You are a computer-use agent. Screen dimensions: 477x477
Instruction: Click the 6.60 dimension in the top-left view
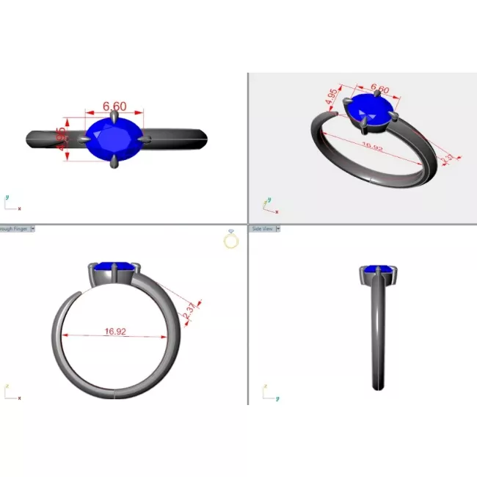[114, 106]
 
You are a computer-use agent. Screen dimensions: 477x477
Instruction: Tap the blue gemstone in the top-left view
[112, 139]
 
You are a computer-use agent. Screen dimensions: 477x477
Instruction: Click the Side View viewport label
[263, 229]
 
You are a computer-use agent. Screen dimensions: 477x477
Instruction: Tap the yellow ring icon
[231, 240]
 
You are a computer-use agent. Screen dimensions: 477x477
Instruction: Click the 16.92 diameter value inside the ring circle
[115, 332]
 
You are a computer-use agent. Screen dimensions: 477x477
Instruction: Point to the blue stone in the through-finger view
[114, 267]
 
